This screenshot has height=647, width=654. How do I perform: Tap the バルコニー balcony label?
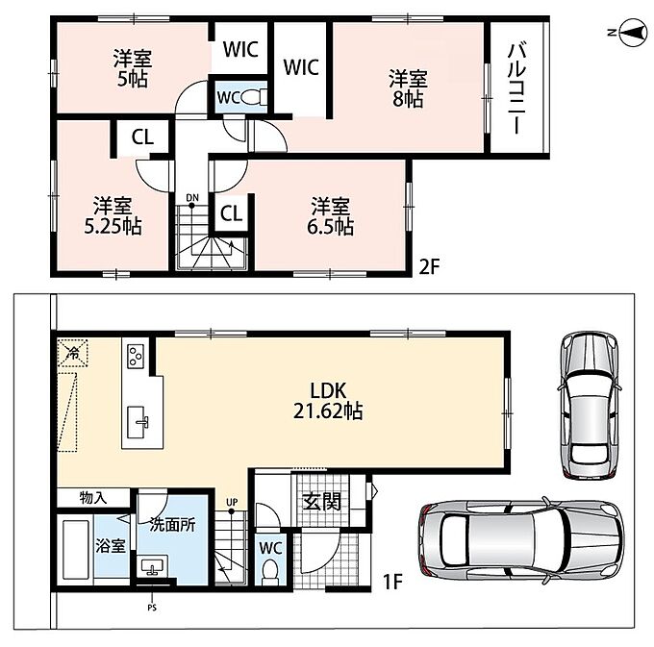516,88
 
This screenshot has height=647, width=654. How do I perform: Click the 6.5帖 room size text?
330,227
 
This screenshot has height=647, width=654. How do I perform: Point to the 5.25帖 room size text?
113,226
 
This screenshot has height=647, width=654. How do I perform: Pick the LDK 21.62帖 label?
328,401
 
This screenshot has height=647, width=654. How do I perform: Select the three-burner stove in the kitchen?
136,357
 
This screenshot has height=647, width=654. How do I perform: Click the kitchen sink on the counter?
138,422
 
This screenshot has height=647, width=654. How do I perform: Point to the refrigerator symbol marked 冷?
72,353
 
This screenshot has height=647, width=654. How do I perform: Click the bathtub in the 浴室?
76,550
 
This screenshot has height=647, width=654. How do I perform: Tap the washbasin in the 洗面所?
152,567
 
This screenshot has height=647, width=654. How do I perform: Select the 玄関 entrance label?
321,502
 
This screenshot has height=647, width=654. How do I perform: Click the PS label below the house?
152,608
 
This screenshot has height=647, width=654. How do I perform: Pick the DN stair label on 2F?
192,198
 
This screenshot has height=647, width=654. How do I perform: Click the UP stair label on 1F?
232,502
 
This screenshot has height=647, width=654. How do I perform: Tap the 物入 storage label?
93,498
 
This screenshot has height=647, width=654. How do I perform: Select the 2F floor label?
430,267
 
